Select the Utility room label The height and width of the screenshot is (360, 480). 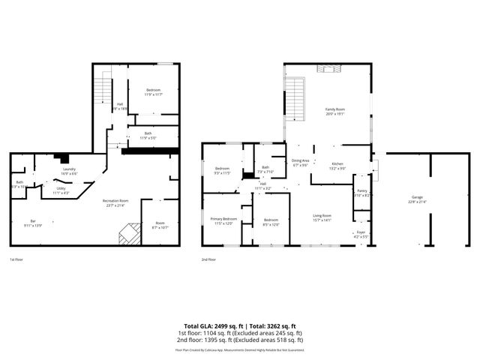pos(61,191)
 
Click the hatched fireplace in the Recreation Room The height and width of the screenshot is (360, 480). pos(130,234)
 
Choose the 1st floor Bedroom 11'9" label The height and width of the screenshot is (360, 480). pos(153,91)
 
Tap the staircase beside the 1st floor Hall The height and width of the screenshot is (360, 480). pos(103,88)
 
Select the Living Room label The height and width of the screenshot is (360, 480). pos(322,217)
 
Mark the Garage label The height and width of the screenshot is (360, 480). pos(416,199)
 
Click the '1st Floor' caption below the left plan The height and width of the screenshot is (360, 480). pos(17,259)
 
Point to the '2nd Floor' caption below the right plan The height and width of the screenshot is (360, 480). pos(208,259)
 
